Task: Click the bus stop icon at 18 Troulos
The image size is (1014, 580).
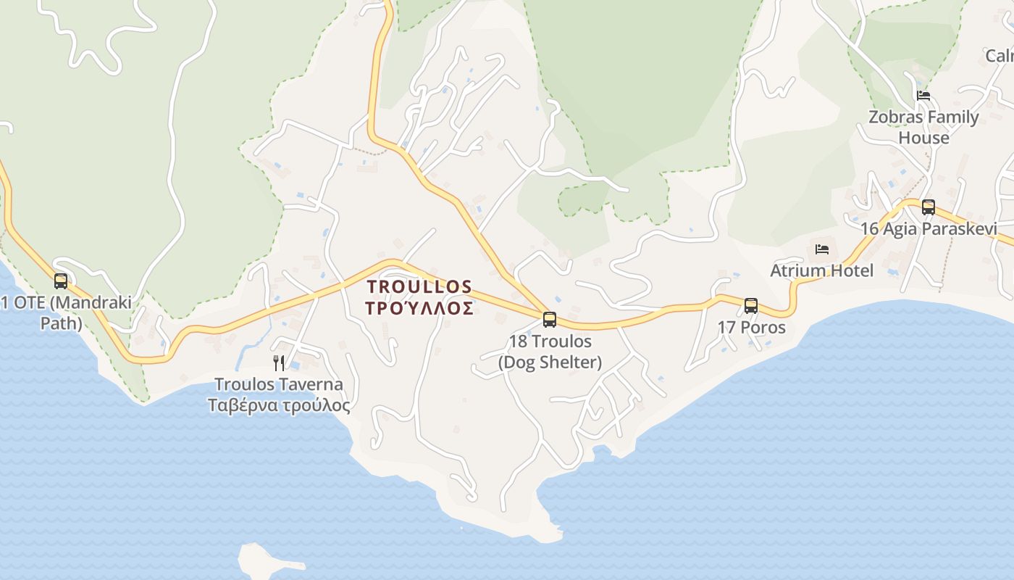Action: [550, 319]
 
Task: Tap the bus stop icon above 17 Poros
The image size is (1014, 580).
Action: [751, 305]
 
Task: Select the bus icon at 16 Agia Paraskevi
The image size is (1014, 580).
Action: [929, 207]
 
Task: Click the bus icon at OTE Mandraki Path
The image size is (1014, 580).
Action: [61, 281]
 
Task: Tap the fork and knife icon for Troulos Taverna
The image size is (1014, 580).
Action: [279, 362]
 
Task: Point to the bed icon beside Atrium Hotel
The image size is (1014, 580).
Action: [822, 249]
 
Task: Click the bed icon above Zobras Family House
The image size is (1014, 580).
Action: [923, 95]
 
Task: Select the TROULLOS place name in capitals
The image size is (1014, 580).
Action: [420, 287]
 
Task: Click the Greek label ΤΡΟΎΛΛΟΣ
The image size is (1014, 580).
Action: [420, 309]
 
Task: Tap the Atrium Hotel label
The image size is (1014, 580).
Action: [821, 270]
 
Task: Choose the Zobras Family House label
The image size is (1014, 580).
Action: [923, 127]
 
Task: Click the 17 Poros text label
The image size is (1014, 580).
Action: [751, 327]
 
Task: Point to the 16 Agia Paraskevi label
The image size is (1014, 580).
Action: [929, 228]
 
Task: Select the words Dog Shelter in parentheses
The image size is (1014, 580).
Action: [550, 362]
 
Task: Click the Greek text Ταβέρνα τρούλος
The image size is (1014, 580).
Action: [279, 405]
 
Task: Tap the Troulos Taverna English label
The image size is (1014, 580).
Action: [279, 384]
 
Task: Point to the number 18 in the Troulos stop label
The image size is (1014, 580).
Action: [518, 341]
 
